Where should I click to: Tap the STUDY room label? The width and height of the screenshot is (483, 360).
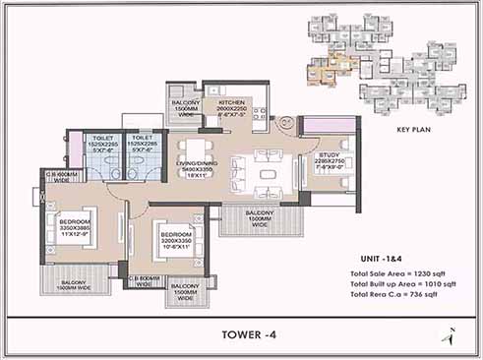(x=328, y=155)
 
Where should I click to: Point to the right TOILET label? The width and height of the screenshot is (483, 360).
(x=142, y=140)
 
